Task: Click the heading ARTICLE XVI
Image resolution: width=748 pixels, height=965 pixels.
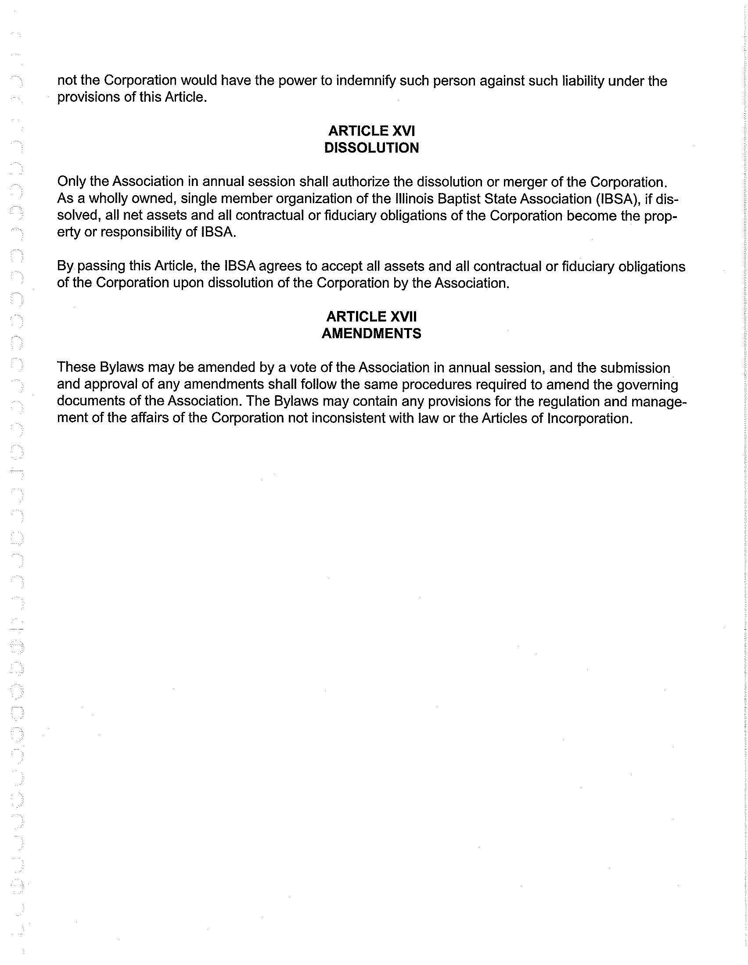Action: coord(371,131)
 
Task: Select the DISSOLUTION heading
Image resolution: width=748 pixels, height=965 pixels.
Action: coord(371,147)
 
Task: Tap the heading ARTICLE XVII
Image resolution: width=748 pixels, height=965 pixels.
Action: coord(371,316)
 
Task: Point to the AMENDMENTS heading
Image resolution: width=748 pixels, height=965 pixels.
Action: coord(371,333)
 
